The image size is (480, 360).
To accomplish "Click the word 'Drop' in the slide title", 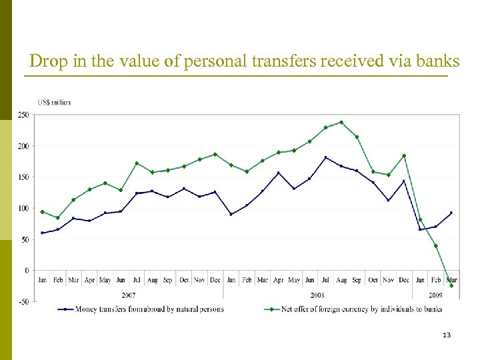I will [46, 61].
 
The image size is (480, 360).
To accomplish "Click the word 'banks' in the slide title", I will [439, 61].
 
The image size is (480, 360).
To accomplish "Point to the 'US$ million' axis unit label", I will [54, 102].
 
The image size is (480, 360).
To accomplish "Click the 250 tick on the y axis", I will [23, 115].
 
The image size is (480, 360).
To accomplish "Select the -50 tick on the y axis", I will [23, 302].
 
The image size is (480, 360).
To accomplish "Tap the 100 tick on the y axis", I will [23, 209].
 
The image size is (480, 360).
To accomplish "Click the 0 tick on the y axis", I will [26, 271].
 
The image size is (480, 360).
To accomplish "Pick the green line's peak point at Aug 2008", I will [341, 122].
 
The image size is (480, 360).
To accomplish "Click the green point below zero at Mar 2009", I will [451, 286].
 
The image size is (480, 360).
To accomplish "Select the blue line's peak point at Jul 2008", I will [325, 157].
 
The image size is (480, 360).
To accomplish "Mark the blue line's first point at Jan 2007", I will [43, 233].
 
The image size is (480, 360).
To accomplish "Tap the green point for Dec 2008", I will [404, 155].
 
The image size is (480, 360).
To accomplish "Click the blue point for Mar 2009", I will [451, 213].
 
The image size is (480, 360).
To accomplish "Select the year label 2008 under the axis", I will [317, 294].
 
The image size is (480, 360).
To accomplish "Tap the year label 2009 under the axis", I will [435, 294].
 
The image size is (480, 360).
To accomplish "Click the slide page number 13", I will [446, 335].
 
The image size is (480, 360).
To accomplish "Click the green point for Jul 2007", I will [137, 163].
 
